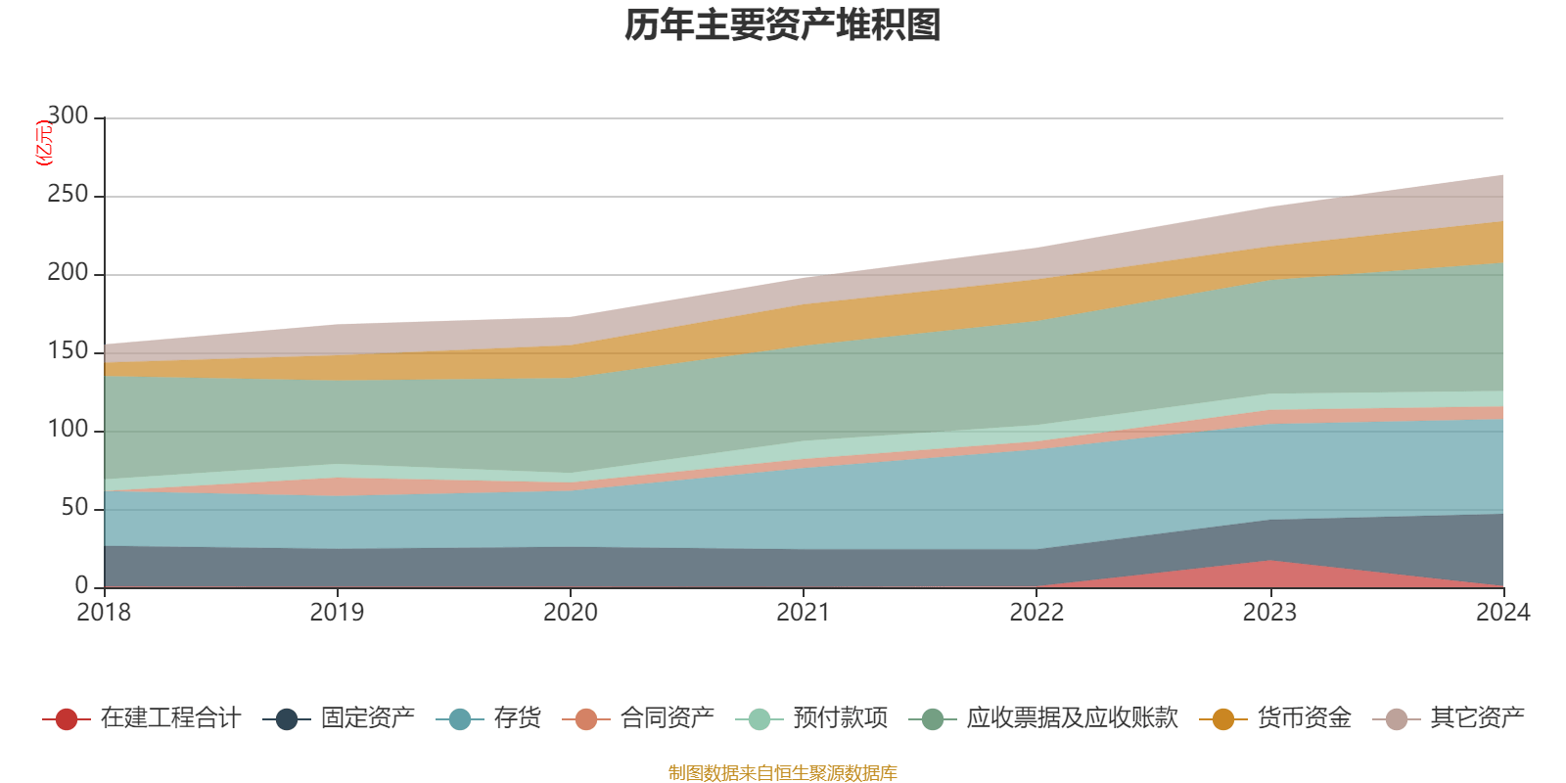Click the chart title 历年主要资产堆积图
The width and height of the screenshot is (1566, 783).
tap(783, 25)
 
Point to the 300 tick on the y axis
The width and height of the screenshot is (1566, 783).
tap(68, 116)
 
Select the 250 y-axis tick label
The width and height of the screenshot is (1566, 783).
tap(68, 195)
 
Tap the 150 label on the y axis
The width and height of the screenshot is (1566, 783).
tap(68, 351)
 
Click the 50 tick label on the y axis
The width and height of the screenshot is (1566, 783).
tap(73, 508)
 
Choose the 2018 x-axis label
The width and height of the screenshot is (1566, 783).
tap(104, 613)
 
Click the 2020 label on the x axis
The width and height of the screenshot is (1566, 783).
tap(571, 613)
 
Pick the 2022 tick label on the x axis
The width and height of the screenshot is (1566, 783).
tap(1036, 613)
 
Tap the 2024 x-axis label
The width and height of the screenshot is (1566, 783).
tap(1502, 613)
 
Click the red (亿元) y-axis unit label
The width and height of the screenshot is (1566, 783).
tap(43, 143)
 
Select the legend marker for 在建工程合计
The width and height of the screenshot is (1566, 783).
tap(67, 719)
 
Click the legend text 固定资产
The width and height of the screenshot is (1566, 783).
tap(368, 718)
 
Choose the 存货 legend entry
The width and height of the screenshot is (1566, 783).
tap(517, 718)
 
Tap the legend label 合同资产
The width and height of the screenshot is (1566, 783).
tap(667, 718)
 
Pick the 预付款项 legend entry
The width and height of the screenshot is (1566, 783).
tap(840, 718)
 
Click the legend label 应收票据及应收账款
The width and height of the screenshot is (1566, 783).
tap(1071, 718)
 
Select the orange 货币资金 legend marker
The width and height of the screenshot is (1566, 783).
tap(1223, 719)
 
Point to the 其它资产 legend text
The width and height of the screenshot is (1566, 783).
tap(1477, 718)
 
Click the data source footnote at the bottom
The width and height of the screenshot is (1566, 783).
tap(783, 773)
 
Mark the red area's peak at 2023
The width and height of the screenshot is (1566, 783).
tap(1269, 562)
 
